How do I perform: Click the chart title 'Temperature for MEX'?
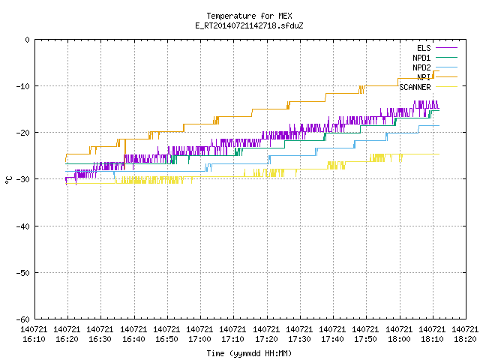(x=249, y=16)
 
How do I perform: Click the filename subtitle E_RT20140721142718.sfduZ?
(x=249, y=25)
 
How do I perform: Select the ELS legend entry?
(x=424, y=48)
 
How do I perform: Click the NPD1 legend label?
(x=421, y=58)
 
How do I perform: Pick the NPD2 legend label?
(x=421, y=67)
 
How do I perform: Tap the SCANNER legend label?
(x=415, y=87)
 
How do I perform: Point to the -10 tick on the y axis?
(x=23, y=86)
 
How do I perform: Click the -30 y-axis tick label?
(x=23, y=179)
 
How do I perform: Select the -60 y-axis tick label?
(x=23, y=319)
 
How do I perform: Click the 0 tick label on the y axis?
(x=28, y=40)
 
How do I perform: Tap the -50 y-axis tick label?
(x=23, y=273)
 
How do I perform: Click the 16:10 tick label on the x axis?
(x=34, y=334)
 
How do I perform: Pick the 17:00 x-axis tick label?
(x=199, y=334)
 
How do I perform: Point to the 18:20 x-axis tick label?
(x=465, y=334)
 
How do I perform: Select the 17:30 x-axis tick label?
(x=299, y=334)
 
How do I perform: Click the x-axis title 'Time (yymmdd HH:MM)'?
(x=249, y=353)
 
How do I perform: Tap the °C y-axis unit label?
(x=8, y=180)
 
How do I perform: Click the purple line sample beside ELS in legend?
(x=446, y=48)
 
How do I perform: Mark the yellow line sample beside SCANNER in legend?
(x=446, y=87)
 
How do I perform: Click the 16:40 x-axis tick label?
(x=133, y=334)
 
